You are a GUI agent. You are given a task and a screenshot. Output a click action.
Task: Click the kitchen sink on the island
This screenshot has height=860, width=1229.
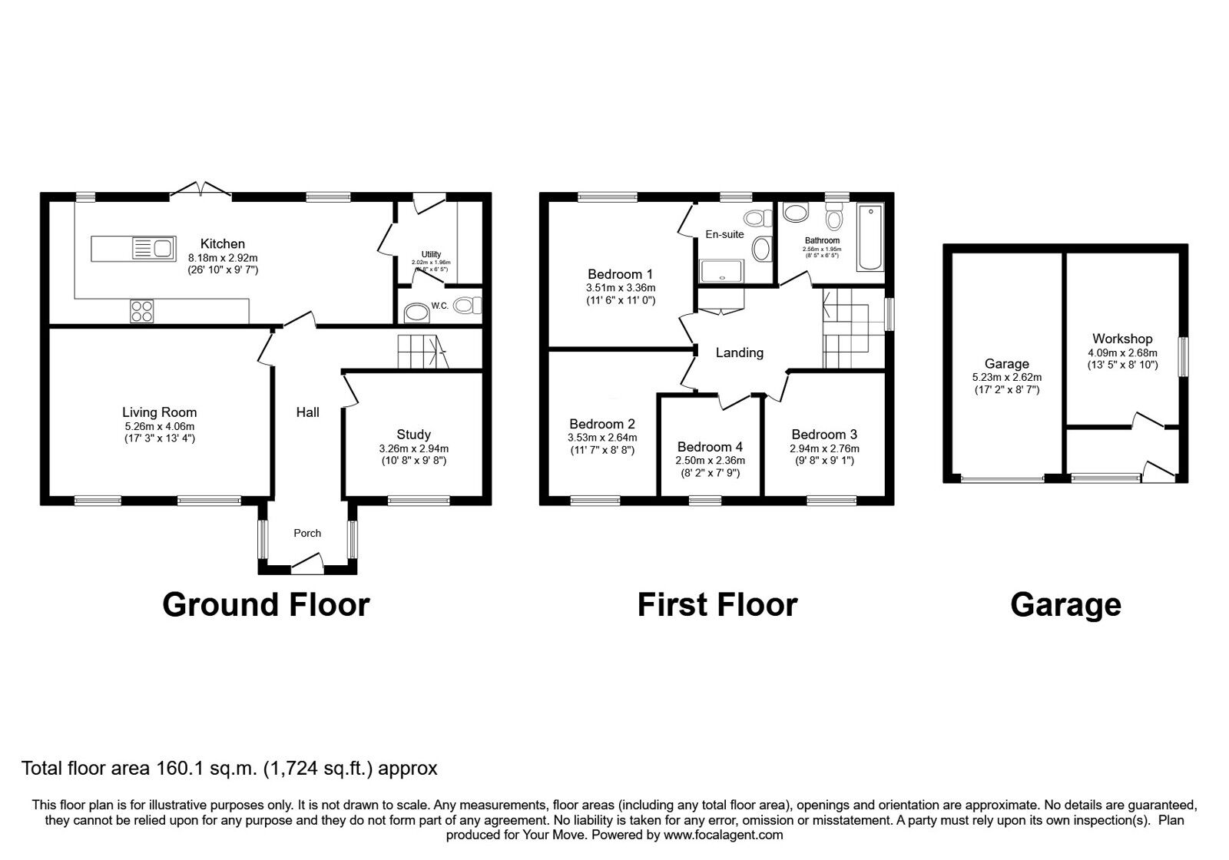[152, 248]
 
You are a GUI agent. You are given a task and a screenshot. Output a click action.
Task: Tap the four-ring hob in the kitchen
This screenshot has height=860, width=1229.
[141, 310]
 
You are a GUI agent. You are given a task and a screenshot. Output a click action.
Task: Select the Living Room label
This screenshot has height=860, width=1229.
[160, 412]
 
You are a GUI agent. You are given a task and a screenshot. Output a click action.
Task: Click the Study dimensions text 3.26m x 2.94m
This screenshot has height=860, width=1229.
[413, 449]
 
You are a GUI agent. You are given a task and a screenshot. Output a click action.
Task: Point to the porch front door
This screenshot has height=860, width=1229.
[307, 566]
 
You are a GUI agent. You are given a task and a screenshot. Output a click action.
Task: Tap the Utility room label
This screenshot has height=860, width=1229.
[431, 254]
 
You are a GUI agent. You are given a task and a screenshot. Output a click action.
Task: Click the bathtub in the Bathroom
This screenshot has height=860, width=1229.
[871, 237]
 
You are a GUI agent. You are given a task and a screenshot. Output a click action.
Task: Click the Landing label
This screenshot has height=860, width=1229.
[739, 352]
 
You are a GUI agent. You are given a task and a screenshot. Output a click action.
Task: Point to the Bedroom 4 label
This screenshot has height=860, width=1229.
[710, 447]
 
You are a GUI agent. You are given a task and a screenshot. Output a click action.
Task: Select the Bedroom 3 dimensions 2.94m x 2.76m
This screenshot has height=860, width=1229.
[824, 449]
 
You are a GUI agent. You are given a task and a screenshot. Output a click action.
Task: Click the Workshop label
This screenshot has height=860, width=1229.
[1122, 339]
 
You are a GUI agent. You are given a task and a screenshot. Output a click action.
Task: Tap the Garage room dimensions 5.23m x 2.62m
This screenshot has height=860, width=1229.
[1006, 378]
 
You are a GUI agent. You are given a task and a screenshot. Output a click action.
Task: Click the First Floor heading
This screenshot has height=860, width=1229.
[717, 605]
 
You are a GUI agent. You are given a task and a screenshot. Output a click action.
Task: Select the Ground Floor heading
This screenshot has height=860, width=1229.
[266, 605]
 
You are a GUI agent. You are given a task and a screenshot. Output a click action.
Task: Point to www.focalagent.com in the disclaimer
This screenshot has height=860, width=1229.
[723, 835]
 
